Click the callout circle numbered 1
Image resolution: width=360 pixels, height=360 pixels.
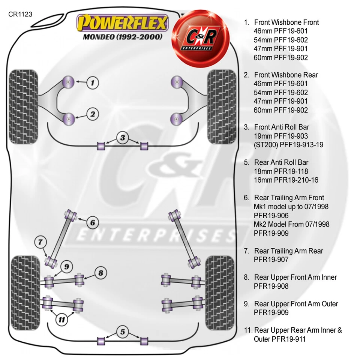[93, 82]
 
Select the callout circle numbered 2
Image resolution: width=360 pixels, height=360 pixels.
[93, 113]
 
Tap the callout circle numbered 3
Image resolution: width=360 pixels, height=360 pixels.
[122, 138]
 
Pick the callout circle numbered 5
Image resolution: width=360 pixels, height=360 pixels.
[122, 331]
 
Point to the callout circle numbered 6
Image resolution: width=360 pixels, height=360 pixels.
[93, 223]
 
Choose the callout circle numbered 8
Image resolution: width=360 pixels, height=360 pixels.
[100, 273]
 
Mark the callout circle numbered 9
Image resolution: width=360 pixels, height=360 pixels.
[66, 267]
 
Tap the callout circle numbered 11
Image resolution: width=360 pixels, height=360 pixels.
[61, 319]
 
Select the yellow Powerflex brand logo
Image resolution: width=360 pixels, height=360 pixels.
[122, 23]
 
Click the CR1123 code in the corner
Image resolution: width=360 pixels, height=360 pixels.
[20, 15]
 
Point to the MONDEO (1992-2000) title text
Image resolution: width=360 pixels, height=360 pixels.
[122, 37]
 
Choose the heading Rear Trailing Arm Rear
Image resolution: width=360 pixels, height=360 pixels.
[288, 251]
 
